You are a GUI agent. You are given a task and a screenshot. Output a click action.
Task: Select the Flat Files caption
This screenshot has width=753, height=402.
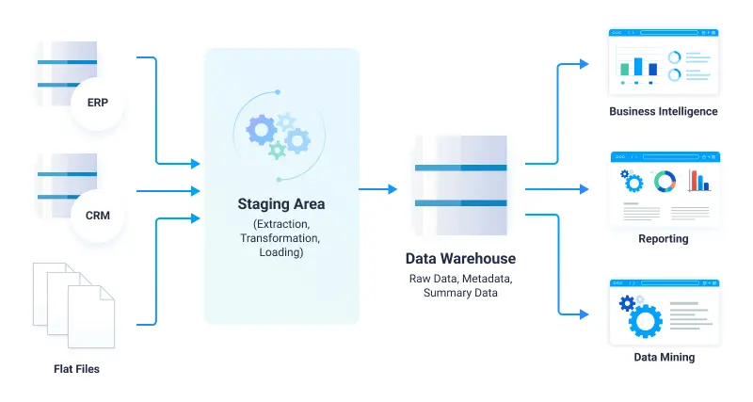pyautogui.click(x=75, y=369)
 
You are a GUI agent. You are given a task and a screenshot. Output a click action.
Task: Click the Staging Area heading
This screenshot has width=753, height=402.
pyautogui.click(x=281, y=203)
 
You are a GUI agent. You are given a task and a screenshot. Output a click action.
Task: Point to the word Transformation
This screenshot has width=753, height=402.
pyautogui.click(x=281, y=238)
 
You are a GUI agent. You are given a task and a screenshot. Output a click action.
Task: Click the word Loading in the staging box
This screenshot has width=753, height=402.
pyautogui.click(x=281, y=252)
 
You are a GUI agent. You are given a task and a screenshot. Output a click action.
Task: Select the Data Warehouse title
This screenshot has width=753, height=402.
pyautogui.click(x=460, y=258)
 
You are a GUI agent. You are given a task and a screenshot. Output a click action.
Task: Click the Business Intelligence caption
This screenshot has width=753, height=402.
pyautogui.click(x=663, y=111)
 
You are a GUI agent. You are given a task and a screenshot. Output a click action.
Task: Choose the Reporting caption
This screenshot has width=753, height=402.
pyautogui.click(x=663, y=238)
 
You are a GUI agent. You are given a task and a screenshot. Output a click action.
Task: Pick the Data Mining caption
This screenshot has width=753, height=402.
pyautogui.click(x=664, y=357)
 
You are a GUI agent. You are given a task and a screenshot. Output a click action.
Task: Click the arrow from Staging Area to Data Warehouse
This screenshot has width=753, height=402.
pyautogui.click(x=380, y=189)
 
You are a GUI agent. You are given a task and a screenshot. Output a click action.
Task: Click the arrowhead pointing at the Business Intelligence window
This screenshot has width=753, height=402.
pyautogui.click(x=585, y=64)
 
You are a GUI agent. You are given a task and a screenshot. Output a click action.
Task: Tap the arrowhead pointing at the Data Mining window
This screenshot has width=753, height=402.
pyautogui.click(x=585, y=314)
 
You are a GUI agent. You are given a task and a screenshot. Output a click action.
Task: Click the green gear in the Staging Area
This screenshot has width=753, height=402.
pyautogui.click(x=277, y=150)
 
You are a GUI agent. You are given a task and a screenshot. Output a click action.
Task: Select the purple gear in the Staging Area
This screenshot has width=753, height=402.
pyautogui.click(x=261, y=128)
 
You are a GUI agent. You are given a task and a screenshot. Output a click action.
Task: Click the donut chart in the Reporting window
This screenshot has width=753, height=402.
pyautogui.click(x=665, y=180)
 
